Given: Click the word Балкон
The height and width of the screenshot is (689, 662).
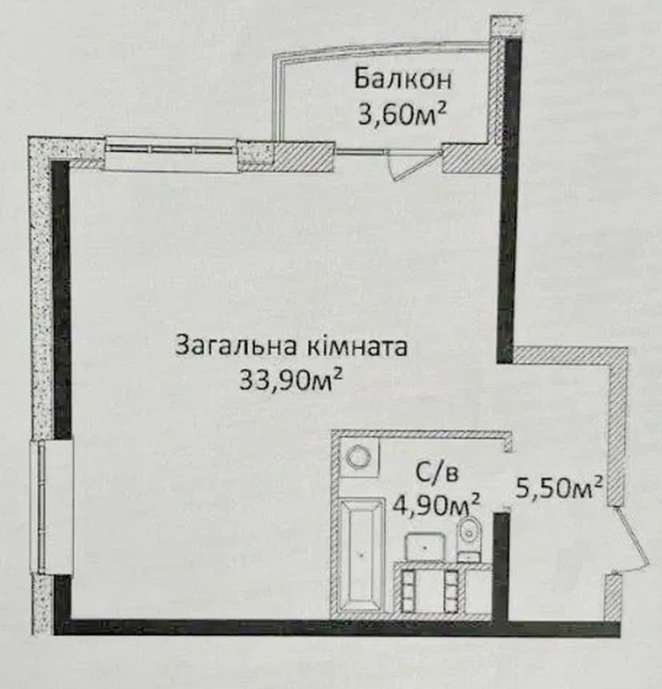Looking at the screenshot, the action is [403, 79].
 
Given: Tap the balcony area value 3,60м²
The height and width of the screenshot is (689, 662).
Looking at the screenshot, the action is [402, 115].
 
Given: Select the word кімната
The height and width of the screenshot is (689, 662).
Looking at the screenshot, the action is [355, 345].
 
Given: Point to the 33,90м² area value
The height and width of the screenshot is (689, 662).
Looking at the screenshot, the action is [290, 379].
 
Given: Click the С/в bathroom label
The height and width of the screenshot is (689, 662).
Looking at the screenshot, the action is [436, 473].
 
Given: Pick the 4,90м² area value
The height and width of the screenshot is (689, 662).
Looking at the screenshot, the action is [436, 505].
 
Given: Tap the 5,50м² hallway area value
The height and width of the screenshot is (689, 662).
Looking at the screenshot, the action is [558, 488].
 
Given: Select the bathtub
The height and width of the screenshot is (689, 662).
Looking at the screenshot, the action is [361, 555].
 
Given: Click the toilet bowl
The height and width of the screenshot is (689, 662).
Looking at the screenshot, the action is [470, 539].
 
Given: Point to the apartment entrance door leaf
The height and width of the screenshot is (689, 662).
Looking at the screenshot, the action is [631, 541].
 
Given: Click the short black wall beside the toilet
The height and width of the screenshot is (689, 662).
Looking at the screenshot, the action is [500, 567].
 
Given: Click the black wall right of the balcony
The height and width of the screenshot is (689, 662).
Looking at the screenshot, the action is [509, 201].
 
